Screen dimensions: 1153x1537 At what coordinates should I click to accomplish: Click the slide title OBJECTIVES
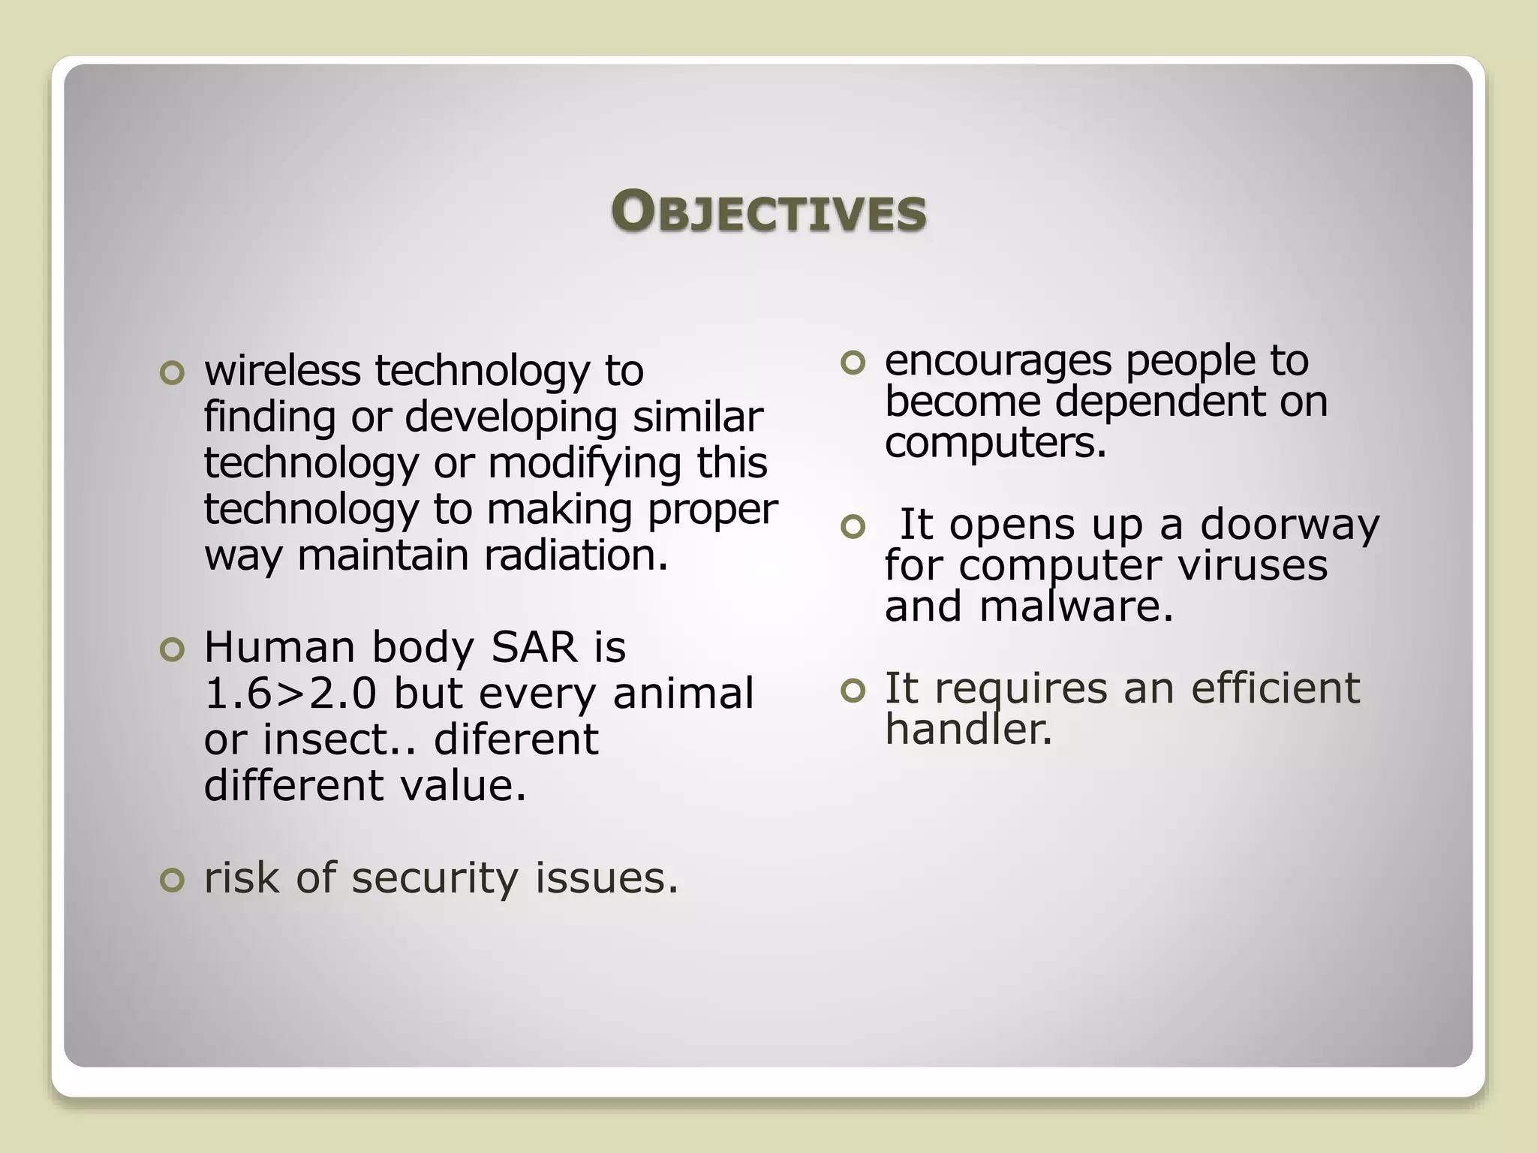[768, 211]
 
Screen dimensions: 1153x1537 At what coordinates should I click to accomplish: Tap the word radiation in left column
[575, 555]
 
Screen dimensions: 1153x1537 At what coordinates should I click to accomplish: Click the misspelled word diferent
[516, 739]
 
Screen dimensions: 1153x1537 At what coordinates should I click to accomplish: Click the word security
[435, 878]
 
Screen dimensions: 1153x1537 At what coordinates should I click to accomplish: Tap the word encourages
[997, 361]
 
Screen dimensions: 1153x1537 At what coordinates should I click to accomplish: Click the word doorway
[1289, 524]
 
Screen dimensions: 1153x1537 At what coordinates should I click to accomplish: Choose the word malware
[1075, 606]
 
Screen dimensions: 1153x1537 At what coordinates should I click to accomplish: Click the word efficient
[1275, 688]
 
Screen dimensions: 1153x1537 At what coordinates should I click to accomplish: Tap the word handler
[968, 728]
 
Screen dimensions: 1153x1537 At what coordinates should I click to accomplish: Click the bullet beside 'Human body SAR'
[172, 650]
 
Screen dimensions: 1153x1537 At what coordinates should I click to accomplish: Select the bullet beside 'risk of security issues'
[172, 880]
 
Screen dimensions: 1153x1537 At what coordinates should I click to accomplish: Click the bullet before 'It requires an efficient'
[853, 691]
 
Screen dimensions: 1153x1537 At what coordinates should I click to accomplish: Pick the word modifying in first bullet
[585, 463]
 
